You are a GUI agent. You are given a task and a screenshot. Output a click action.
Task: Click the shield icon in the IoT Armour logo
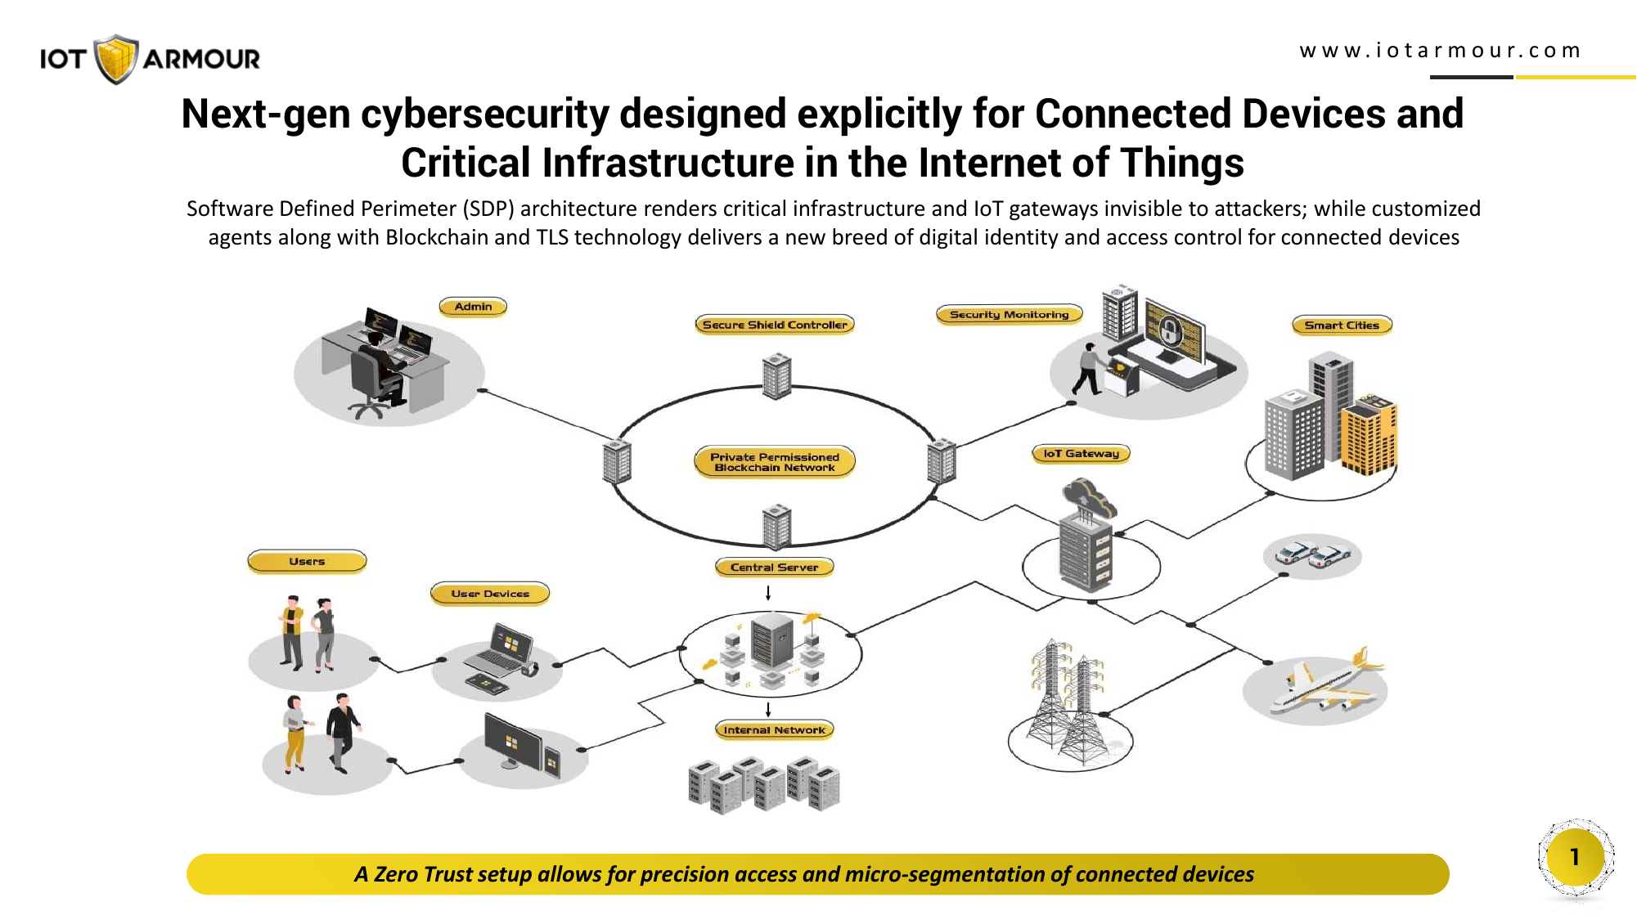[115, 59]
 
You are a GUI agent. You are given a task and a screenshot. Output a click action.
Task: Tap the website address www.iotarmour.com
[1440, 51]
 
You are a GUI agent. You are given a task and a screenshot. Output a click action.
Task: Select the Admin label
[473, 307]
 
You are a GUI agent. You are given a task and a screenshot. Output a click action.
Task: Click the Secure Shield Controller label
[775, 325]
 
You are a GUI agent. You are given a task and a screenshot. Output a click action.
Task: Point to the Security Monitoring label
[1009, 314]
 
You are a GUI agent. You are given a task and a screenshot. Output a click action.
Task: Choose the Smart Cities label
[1342, 325]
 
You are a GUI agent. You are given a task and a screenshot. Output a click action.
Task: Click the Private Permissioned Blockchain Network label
[775, 462]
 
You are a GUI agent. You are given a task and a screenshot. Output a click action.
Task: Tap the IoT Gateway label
[1081, 453]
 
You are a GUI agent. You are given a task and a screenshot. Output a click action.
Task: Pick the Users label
[307, 561]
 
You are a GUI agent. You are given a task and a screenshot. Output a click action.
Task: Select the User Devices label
[490, 594]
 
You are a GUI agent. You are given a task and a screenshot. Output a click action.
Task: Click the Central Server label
[774, 567]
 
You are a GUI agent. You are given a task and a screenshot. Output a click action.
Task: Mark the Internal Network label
[774, 729]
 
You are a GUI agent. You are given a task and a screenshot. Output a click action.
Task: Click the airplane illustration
[1326, 681]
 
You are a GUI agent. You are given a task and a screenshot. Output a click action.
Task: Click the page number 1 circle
[1575, 857]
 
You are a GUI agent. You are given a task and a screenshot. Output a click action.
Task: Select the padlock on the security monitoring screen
[1171, 330]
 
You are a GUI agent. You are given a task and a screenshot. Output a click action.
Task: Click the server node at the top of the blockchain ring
[776, 376]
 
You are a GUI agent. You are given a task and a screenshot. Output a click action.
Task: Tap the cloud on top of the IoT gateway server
[1088, 496]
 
